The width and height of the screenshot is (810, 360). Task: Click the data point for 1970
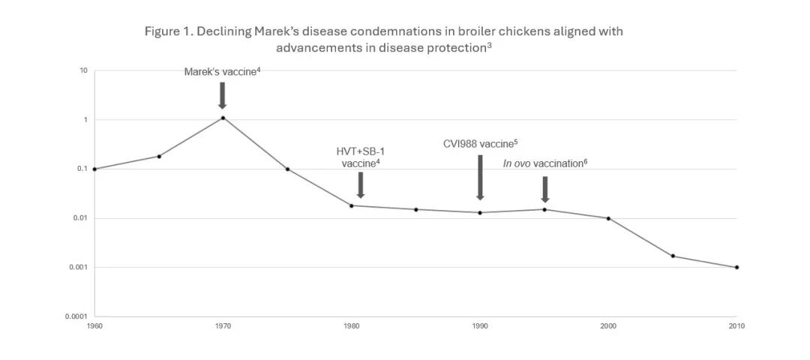click(223, 118)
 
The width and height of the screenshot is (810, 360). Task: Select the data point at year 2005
click(673, 256)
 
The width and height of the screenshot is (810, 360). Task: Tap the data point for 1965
click(159, 156)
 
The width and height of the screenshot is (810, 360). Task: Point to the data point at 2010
click(737, 267)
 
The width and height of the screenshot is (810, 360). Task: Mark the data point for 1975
click(287, 169)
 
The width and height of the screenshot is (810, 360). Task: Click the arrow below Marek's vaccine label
click(222, 95)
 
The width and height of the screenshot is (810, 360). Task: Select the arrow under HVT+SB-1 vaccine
click(361, 184)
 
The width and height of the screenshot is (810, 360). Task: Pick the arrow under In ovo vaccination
click(545, 189)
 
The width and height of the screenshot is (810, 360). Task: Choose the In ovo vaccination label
click(544, 163)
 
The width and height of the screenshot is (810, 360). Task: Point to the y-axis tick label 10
click(84, 70)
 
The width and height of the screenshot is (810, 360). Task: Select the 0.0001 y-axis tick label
click(76, 316)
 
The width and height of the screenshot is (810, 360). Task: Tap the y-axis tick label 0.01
click(80, 218)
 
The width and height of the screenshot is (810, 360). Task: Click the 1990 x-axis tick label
click(480, 326)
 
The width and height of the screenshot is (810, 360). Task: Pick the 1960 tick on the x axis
click(94, 326)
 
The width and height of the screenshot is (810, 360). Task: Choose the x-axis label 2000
click(608, 326)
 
